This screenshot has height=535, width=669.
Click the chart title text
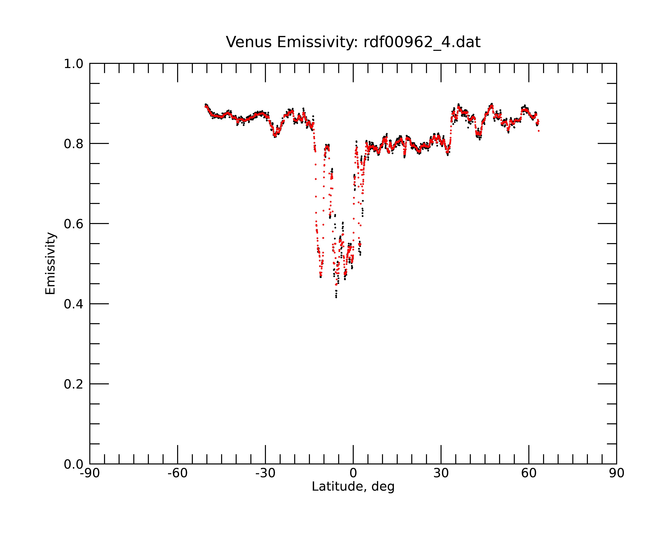coord(353,42)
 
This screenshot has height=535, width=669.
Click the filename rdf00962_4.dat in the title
coord(422,42)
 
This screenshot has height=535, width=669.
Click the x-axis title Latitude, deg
coord(353,487)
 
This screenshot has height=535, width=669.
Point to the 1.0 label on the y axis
coord(74,64)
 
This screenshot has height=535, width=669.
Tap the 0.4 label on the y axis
coord(74,304)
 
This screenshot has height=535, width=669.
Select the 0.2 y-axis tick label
coord(74,384)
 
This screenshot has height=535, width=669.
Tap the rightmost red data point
coord(539,131)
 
